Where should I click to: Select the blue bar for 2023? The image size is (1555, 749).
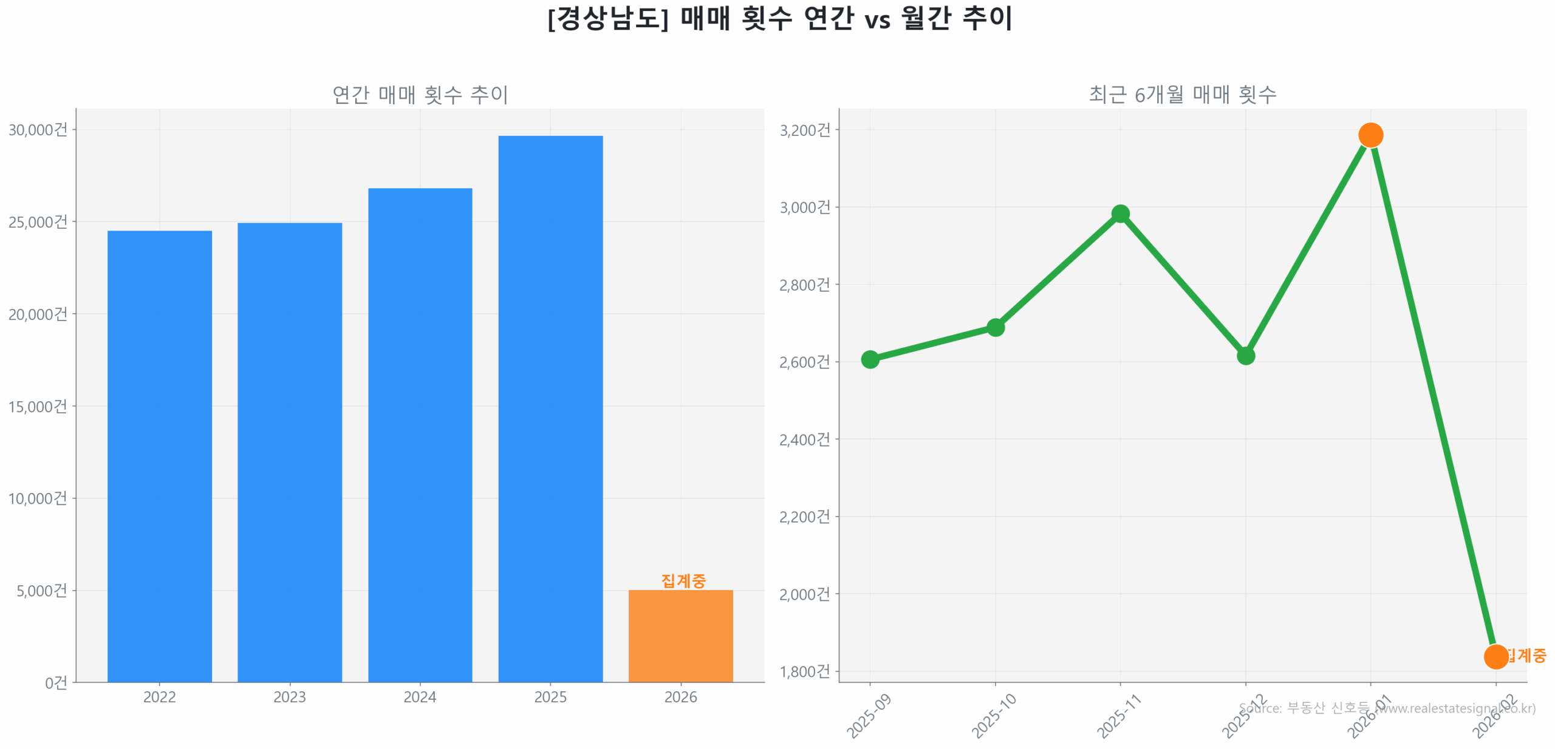[290, 452]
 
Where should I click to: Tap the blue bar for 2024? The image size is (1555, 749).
[420, 435]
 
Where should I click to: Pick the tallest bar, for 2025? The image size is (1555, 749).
[550, 408]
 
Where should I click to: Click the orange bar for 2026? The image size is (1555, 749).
[680, 635]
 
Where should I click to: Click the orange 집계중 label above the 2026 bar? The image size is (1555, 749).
[683, 581]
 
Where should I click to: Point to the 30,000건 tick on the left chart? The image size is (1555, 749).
[38, 130]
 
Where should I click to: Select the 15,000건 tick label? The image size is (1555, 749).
[38, 406]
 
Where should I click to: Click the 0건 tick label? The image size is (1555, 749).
[56, 683]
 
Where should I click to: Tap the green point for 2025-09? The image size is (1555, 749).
[870, 359]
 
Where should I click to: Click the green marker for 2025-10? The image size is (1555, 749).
[995, 328]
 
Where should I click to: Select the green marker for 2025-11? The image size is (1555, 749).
[1120, 214]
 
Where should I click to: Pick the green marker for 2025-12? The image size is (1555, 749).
[1245, 356]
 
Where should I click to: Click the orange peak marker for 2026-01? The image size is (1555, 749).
[1370, 135]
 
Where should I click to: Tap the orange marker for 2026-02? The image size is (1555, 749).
[1495, 656]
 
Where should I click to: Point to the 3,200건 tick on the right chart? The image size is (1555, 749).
[805, 130]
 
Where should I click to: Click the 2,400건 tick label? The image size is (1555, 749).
[805, 439]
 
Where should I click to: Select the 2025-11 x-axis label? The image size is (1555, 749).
[1119, 716]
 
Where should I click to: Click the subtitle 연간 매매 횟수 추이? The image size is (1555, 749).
[420, 95]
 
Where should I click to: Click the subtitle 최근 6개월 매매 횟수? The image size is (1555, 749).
[1182, 95]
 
